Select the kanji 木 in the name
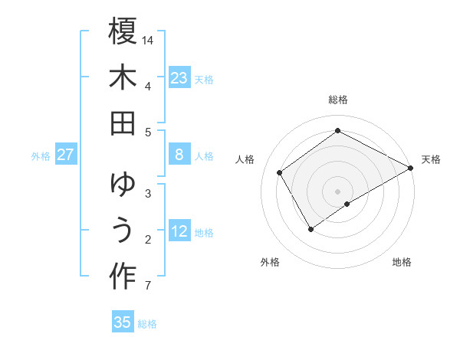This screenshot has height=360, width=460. click(123, 77)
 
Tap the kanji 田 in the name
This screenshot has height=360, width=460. click(123, 123)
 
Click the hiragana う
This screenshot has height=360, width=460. click(123, 231)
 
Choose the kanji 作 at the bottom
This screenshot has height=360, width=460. click(123, 277)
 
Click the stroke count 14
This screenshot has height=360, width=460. click(148, 39)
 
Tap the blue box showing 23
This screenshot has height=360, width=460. click(179, 77)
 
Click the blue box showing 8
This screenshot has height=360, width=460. click(179, 155)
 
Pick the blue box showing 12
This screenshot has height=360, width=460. click(179, 231)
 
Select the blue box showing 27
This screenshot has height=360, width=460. click(66, 155)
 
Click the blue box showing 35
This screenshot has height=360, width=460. click(123, 322)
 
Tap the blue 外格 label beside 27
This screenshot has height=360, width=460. click(41, 156)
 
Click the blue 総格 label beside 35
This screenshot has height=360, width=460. click(147, 324)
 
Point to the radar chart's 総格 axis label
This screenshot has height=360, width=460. click(338, 100)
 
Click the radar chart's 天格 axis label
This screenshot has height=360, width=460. click(431, 159)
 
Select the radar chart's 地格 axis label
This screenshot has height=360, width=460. click(402, 262)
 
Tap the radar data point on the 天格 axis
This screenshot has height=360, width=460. click(411, 168)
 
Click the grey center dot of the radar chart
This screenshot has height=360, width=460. click(337, 191)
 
